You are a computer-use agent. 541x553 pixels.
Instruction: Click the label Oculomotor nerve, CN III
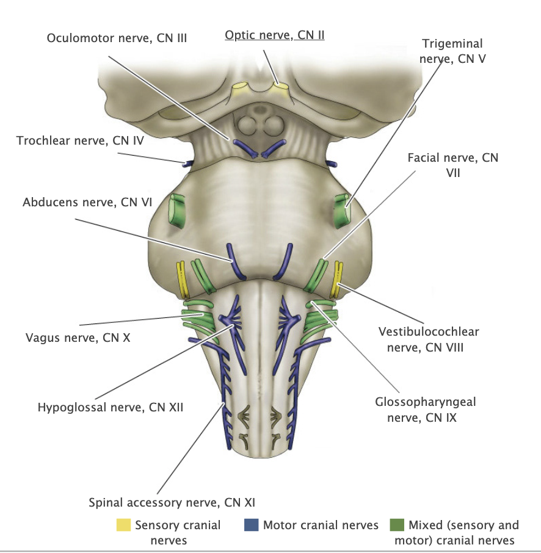117,38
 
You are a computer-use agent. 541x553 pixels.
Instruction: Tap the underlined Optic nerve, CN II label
274,35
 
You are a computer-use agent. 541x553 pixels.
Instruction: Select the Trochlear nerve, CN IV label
80,141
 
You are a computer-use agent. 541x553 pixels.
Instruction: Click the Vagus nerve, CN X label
78,336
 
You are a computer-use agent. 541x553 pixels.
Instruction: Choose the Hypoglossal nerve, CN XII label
110,407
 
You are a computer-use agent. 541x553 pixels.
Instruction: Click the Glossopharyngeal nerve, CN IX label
425,410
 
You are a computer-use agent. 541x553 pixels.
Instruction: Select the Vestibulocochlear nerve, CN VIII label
428,339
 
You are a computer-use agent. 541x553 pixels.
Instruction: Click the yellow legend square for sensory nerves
123,525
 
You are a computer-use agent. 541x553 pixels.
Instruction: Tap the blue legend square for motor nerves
250,525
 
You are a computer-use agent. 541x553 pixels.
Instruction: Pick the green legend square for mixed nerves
398,525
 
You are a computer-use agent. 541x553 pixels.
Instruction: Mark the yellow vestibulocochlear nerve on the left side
181,278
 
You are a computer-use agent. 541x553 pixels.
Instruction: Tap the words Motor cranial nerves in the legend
321,525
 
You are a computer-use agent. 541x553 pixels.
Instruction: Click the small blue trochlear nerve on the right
333,164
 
